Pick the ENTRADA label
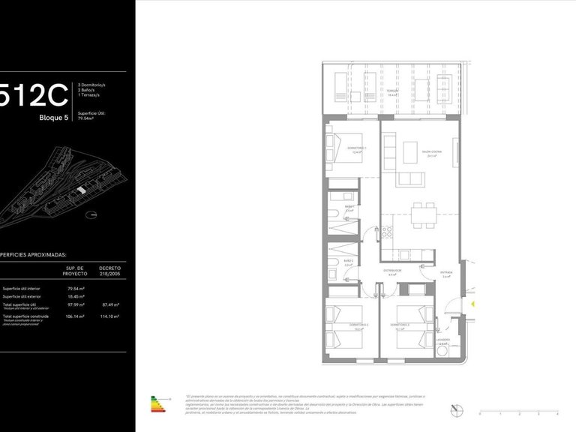(x=446, y=274)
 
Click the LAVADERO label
(x=443, y=340)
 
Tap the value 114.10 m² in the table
(x=109, y=316)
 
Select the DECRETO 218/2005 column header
(x=109, y=270)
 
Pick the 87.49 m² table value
(x=109, y=304)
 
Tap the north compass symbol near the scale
(x=457, y=409)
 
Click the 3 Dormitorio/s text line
(x=92, y=85)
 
